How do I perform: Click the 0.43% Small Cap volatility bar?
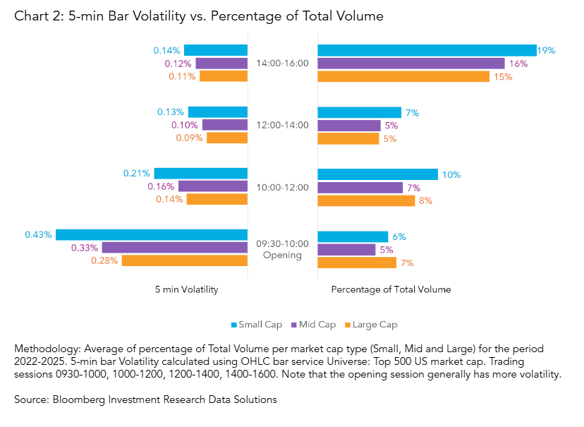[152, 235]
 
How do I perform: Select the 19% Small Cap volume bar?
[427, 50]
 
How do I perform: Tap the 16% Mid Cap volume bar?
[411, 64]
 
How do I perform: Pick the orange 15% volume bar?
[403, 76]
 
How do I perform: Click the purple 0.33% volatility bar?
[175, 248]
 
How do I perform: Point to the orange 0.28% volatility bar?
[185, 260]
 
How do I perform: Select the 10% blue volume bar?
[378, 174]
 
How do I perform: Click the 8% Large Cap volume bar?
[366, 200]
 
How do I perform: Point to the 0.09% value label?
[188, 138]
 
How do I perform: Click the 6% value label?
[399, 236]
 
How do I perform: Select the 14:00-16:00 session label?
[282, 64]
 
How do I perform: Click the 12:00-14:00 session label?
[282, 125]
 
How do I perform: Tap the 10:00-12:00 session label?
[282, 187]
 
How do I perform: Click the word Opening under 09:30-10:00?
[282, 255]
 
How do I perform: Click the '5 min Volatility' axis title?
[186, 289]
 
